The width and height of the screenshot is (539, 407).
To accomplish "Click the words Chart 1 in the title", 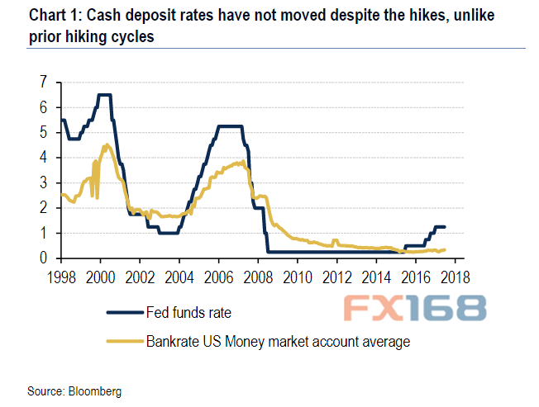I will [35, 15].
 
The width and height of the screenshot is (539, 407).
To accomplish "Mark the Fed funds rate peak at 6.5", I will [104, 95].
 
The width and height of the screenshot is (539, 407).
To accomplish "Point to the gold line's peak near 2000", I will [106, 144].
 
